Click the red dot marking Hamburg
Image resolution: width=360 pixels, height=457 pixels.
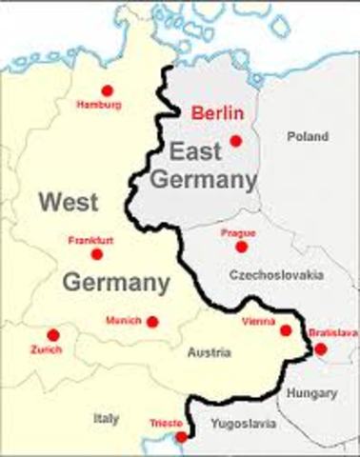[x=107, y=90]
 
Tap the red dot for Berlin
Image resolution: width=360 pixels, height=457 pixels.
[x=236, y=142]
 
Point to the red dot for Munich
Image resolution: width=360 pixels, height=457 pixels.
[x=152, y=322]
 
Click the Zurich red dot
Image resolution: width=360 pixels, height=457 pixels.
[x=52, y=335]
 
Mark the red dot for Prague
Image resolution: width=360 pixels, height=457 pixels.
[x=241, y=247]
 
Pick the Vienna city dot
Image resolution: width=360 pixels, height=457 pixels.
[x=285, y=330]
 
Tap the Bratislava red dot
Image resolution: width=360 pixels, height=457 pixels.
[x=320, y=348]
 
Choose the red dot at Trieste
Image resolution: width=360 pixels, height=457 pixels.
[x=182, y=437]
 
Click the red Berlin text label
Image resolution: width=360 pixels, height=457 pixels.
[x=219, y=112]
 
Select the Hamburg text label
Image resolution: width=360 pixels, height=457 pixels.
[x=99, y=104]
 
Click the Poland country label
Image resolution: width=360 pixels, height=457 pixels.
[x=307, y=137]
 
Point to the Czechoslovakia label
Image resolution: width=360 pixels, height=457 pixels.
[x=276, y=274]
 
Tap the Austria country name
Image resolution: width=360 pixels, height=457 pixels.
[x=210, y=352]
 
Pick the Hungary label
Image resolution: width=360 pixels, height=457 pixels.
[x=318, y=392]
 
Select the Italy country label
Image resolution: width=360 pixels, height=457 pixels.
[x=107, y=417]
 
